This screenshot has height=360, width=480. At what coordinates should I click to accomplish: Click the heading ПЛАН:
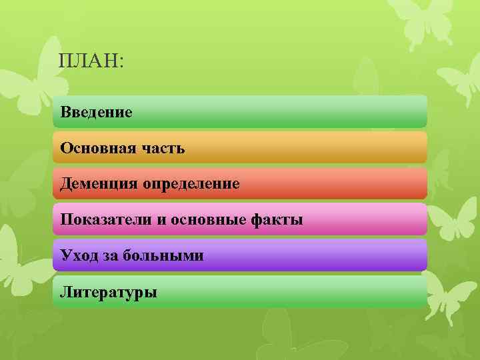(91, 61)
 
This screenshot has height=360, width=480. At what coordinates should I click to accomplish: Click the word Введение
(96, 111)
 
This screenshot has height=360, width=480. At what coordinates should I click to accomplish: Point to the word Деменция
(98, 183)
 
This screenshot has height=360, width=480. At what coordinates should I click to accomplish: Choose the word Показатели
(106, 219)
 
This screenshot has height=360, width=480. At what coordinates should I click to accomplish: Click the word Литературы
(108, 291)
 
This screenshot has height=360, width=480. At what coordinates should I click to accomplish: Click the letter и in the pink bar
(161, 220)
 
